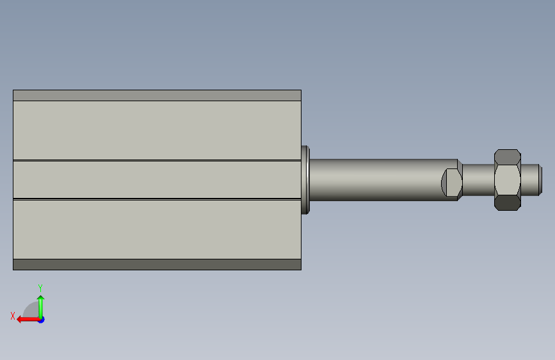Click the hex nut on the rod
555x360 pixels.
pyautogui.click(x=507, y=180)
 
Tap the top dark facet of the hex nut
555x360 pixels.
pyautogui.click(x=507, y=157)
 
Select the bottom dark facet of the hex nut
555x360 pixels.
pyautogui.click(x=507, y=202)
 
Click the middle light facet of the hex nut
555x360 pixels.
pyautogui.click(x=507, y=179)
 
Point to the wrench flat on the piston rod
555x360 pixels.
pyautogui.click(x=452, y=183)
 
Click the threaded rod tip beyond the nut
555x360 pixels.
pyautogui.click(x=531, y=179)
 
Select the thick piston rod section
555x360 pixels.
pyautogui.click(x=383, y=179)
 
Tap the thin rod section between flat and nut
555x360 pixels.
pyautogui.click(x=478, y=179)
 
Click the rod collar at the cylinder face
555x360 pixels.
pyautogui.click(x=305, y=180)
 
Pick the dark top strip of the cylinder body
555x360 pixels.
pyautogui.click(x=157, y=95)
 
